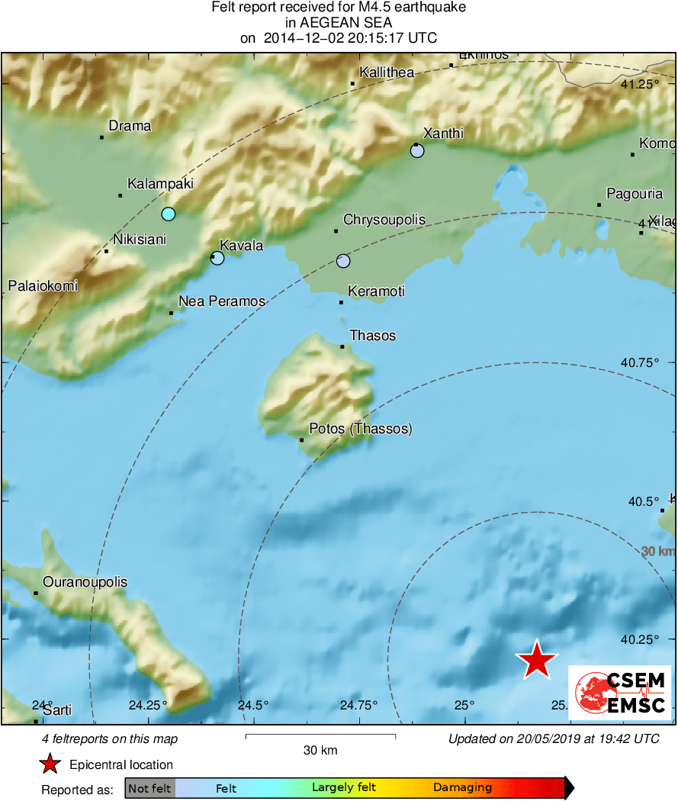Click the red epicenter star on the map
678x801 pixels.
point(537,660)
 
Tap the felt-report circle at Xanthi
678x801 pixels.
point(417,151)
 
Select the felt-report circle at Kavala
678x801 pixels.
point(217,258)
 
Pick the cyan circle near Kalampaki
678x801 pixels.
point(169,214)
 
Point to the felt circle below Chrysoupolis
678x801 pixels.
point(343,261)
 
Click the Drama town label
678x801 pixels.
point(130,126)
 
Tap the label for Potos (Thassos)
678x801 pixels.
point(361,429)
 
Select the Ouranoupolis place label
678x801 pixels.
point(85,582)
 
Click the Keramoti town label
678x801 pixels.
point(376,291)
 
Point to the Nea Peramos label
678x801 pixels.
point(222,301)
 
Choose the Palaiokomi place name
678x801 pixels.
point(43,286)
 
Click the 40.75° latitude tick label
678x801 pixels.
point(639,362)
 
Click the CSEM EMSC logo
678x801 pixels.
point(620,692)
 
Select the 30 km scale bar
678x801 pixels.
point(320,737)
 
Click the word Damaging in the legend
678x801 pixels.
point(463,787)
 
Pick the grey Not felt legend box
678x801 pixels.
point(149,788)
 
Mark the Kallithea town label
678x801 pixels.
point(387,72)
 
